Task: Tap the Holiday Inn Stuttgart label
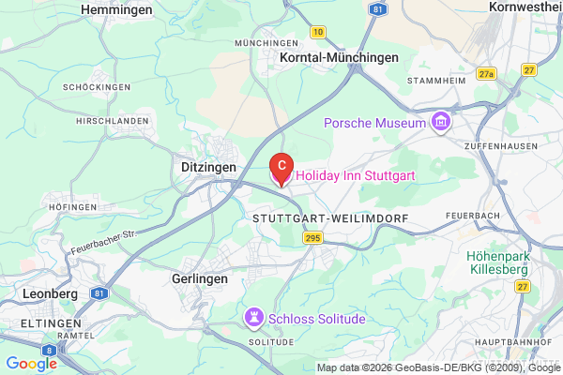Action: pos(356,176)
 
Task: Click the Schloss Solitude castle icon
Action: pos(254,318)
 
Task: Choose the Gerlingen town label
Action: pos(201,278)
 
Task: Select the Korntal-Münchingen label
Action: pos(340,57)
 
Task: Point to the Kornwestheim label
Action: pos(525,7)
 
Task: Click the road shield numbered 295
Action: pos(312,241)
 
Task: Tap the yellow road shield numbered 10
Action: pos(319,32)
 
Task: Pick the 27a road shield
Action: pos(485,72)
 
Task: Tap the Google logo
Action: pos(31,364)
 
